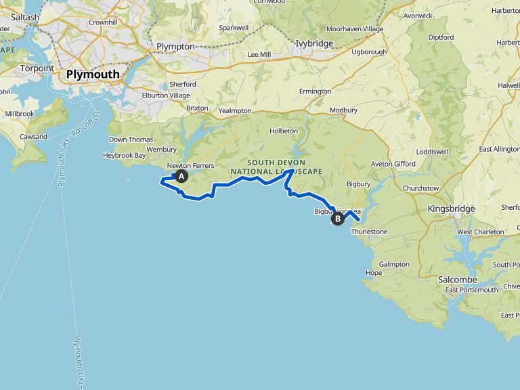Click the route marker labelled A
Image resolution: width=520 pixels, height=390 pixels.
point(181,177)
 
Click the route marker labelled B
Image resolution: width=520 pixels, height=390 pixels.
point(337,218)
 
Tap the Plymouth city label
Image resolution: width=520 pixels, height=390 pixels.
point(93,74)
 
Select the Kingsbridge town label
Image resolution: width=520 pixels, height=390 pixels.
point(452,209)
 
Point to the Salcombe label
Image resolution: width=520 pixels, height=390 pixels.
point(457,280)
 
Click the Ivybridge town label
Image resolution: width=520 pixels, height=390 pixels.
point(316,43)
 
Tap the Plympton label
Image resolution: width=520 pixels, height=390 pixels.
point(175,46)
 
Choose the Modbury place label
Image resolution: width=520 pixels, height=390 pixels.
point(343,110)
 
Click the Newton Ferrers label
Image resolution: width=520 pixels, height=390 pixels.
point(190,166)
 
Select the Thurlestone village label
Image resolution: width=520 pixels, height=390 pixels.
point(369,232)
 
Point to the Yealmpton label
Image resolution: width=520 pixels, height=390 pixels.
point(236,110)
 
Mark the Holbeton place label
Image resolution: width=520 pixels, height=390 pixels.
point(284,131)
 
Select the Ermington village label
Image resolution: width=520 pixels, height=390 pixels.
point(315,91)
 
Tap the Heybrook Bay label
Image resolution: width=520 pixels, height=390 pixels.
point(127,155)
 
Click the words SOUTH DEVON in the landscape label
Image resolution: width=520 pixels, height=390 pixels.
point(276,162)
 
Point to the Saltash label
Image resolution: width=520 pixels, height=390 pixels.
point(25,18)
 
